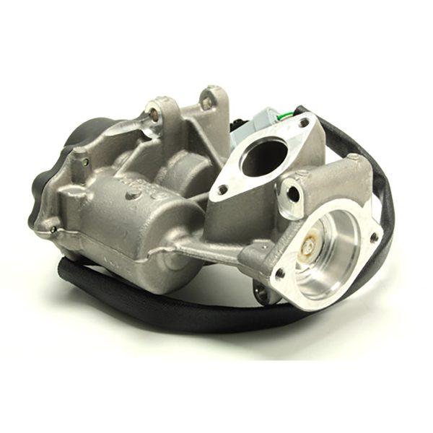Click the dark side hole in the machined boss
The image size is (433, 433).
[292, 192]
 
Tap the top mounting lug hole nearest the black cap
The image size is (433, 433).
[153, 113]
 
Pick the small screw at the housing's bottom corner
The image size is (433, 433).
[53, 230]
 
